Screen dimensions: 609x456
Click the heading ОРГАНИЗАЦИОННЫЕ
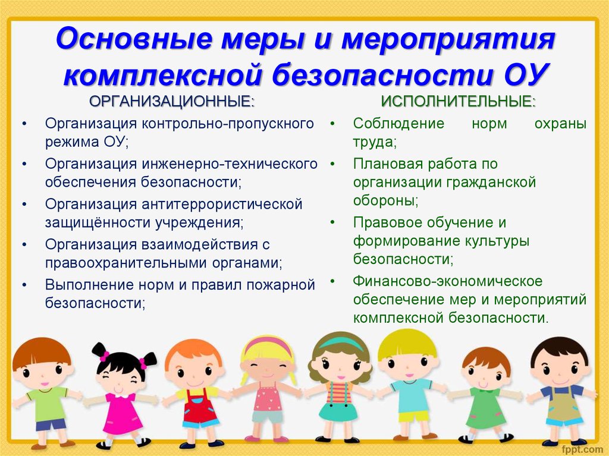click(172, 102)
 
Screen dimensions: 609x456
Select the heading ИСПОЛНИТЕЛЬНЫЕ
click(458, 102)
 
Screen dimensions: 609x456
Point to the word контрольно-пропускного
click(228, 124)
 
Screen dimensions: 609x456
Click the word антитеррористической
click(222, 205)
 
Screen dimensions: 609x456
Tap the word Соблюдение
click(398, 124)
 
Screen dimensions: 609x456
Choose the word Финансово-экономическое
click(447, 281)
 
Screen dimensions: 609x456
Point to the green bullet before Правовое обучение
click(332, 222)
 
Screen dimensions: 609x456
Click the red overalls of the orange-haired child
click(199, 408)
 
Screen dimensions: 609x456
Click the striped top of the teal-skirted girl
click(339, 392)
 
